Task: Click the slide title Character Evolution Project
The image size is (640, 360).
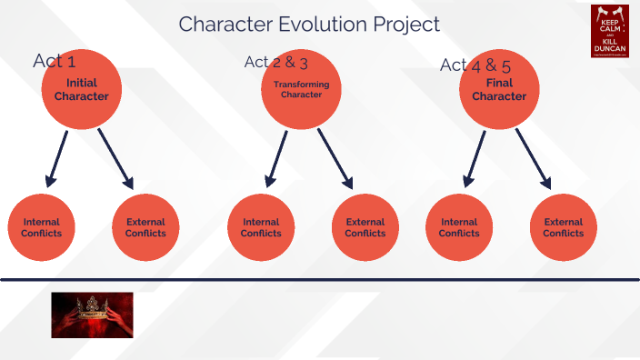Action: pos(309,25)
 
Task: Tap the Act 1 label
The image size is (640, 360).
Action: pos(54,61)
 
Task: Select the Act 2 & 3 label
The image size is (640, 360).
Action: pos(276,62)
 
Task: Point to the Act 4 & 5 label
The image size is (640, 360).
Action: pos(469,65)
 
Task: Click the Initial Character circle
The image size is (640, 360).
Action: pos(82,91)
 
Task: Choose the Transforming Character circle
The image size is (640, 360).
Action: pos(302,91)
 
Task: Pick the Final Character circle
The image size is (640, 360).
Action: pos(500,91)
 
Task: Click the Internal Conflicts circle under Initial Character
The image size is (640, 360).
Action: pos(42,227)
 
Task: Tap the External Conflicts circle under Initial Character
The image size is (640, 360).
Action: pos(145,227)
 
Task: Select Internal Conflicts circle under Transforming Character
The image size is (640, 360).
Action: pos(261,227)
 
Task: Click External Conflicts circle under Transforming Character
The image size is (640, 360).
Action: pos(365,227)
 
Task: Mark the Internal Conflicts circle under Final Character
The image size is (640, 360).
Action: pos(459,227)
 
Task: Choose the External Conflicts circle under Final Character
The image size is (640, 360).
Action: pos(564,227)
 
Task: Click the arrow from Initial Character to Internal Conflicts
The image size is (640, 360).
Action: pos(56,159)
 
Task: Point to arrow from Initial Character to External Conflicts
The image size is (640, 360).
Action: pos(116,159)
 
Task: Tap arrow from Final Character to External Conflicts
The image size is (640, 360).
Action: pos(534,159)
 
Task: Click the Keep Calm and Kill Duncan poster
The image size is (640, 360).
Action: pos(610,31)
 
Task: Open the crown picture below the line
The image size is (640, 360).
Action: pos(92,315)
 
